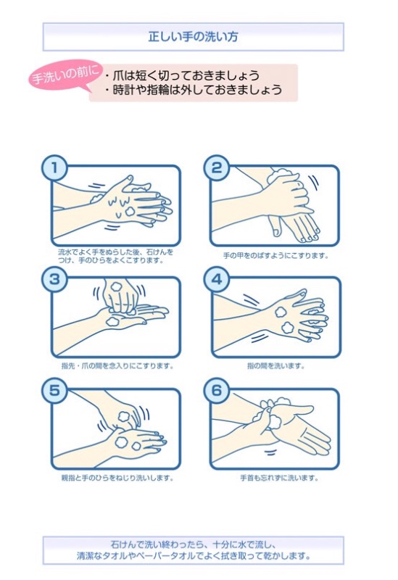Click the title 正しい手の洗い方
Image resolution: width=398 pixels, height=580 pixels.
(x=193, y=37)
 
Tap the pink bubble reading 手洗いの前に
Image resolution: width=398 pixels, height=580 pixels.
(x=65, y=75)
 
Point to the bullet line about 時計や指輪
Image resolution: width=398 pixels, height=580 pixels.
(x=193, y=90)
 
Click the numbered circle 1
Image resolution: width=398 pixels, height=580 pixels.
(x=54, y=168)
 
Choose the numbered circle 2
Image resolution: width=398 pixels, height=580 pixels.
(x=216, y=168)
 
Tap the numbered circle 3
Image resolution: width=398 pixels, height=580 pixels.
(x=54, y=279)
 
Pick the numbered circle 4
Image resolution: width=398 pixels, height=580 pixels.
(x=216, y=279)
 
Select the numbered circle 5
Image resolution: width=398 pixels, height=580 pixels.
(x=54, y=391)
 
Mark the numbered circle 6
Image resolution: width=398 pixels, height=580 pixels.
(x=216, y=391)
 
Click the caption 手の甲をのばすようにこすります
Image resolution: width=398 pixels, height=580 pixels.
(x=275, y=256)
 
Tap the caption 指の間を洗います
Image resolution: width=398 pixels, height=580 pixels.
(x=276, y=366)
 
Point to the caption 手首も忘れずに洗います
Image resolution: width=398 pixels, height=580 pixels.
(x=279, y=478)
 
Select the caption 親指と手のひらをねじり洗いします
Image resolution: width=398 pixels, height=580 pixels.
(x=117, y=478)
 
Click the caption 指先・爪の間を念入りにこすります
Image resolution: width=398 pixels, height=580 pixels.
(x=117, y=366)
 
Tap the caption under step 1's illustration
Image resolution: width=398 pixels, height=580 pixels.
(x=115, y=256)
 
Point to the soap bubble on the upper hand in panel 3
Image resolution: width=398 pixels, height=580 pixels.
(x=117, y=286)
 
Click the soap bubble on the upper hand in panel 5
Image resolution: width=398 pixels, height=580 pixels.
(x=125, y=416)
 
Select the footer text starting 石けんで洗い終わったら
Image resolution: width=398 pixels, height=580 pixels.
(x=193, y=550)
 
